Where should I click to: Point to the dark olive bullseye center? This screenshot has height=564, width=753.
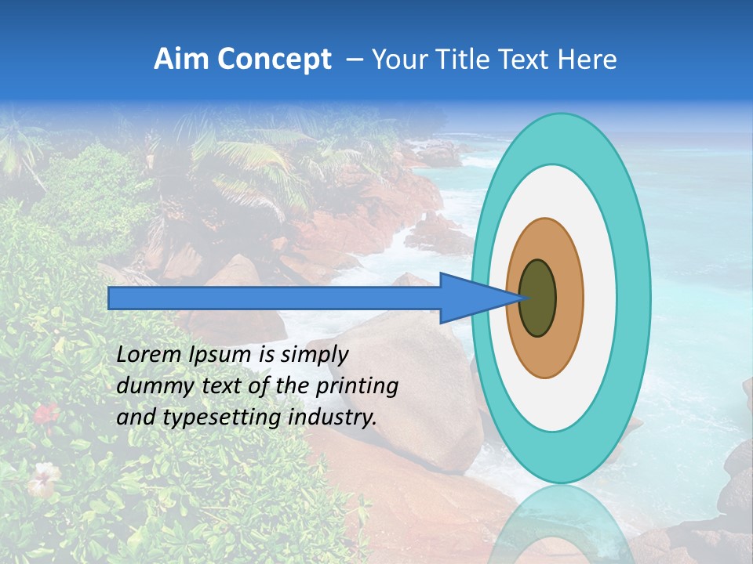pos(538,298)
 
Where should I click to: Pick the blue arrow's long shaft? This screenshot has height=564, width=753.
pos(275,298)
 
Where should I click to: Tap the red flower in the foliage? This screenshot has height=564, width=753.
pos(46,413)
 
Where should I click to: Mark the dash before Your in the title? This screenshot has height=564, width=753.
pos(354,60)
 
